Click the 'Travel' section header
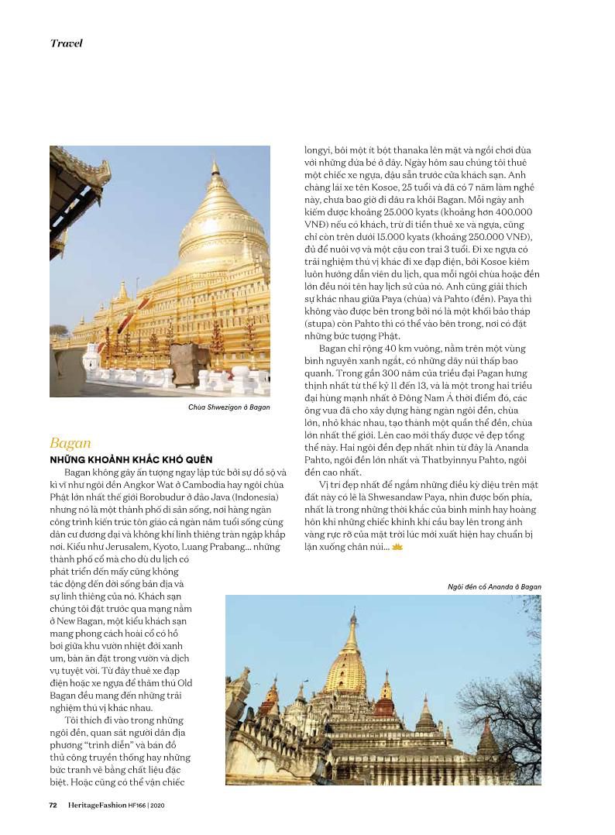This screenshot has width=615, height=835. tap(67, 43)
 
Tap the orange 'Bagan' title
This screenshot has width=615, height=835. tap(70, 443)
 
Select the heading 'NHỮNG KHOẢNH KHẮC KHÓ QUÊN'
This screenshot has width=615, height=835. tap(131, 459)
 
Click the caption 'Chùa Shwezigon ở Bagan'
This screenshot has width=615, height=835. tap(229, 407)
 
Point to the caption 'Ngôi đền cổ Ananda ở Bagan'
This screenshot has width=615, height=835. tap(494, 586)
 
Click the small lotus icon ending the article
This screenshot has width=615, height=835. tap(397, 547)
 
